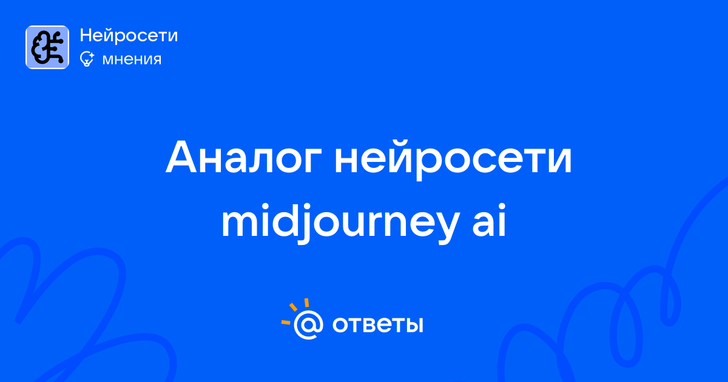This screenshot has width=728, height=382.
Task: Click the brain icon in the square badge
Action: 47,47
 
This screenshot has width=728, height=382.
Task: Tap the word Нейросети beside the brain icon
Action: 129,35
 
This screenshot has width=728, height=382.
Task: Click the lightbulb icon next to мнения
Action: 87,59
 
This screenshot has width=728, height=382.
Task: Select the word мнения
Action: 132,59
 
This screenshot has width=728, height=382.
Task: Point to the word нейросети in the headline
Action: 453,158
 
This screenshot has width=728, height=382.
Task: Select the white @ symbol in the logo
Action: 308,324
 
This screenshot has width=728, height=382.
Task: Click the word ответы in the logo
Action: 377,325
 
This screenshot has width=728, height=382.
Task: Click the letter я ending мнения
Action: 156,60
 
